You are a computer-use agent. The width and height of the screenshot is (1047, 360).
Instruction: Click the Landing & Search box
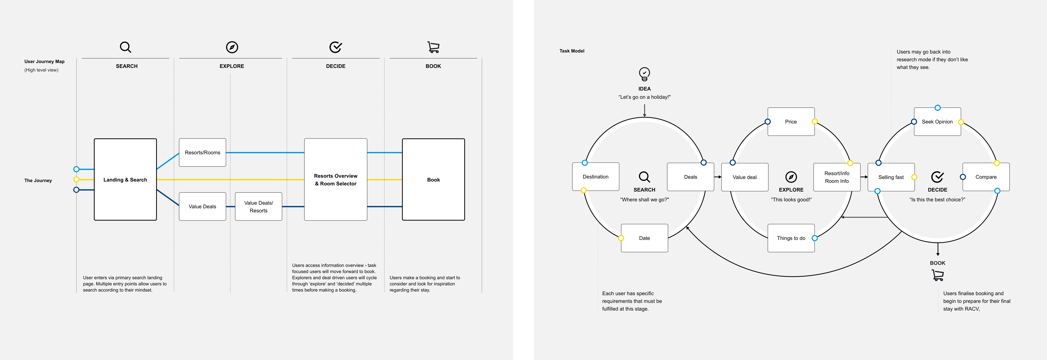tap(125, 180)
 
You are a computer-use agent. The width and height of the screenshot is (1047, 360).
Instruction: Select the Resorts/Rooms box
tap(202, 152)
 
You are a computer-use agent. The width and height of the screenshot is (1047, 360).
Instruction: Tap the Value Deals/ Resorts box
tap(259, 206)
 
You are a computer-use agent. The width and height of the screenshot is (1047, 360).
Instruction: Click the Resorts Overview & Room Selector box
tap(336, 180)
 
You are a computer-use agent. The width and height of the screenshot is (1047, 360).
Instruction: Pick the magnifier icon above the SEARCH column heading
tap(125, 47)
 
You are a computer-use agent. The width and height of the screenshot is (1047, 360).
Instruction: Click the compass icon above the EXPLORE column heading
tap(232, 47)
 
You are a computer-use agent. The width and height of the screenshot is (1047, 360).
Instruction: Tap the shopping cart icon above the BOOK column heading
tap(433, 47)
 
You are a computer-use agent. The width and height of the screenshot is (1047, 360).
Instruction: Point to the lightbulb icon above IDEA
tap(645, 74)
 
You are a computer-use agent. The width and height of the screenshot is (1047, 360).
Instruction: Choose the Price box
tap(791, 122)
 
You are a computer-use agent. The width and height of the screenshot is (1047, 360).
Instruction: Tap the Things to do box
tap(791, 238)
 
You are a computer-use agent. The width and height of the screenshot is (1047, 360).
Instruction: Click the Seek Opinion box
tap(937, 122)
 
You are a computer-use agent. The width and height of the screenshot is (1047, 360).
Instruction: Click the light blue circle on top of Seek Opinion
tap(938, 108)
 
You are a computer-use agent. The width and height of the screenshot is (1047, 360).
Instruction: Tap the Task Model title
tap(572, 51)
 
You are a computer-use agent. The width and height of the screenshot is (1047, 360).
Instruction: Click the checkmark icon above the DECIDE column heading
tap(336, 47)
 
